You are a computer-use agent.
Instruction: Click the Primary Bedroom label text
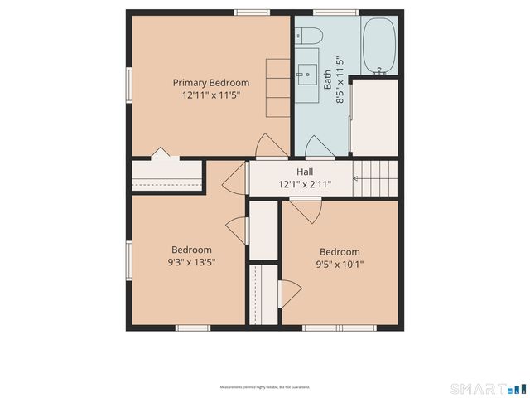pos(210,82)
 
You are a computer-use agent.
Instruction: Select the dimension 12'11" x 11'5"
pos(210,95)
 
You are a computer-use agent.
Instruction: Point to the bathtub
pos(380,46)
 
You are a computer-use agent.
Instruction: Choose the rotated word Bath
pos(327,80)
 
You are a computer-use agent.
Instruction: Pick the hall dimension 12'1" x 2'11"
pos(304,184)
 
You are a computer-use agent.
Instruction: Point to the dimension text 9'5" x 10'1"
pos(340,265)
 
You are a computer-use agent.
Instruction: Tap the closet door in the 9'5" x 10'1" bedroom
pos(290,294)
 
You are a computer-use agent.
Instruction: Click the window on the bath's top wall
pos(335,12)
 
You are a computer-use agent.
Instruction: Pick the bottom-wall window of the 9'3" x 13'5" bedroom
pos(192,328)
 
